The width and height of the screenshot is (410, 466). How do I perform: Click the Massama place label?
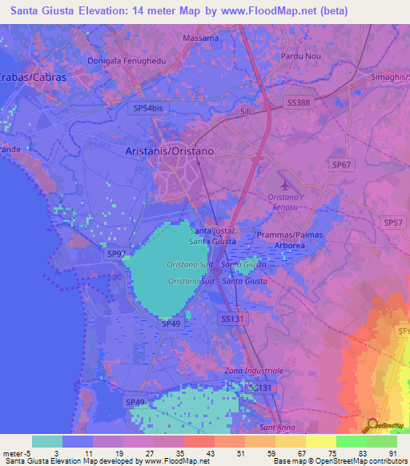[200, 38]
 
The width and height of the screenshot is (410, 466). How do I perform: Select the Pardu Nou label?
[300, 57]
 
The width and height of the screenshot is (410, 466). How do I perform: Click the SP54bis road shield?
[148, 106]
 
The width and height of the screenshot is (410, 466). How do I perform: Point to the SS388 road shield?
[298, 102]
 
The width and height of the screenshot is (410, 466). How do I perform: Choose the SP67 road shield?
[342, 163]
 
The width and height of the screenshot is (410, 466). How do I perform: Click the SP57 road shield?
[394, 223]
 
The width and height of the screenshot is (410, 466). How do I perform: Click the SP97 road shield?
[117, 254]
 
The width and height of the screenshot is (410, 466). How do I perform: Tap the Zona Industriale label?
[254, 371]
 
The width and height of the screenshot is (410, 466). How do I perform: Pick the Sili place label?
[247, 113]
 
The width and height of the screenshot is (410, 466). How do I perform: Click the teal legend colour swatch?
[47, 441]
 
